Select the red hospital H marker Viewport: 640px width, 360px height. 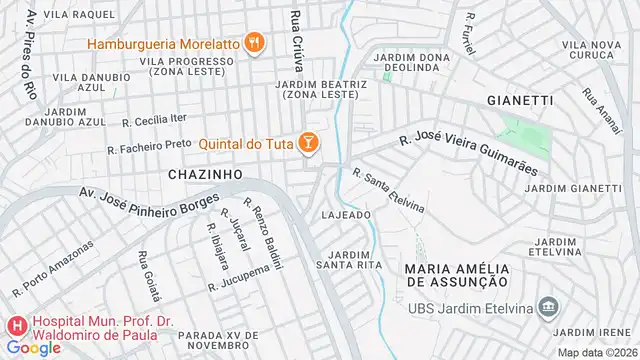coord(17,326)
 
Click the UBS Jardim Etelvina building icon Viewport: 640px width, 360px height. coord(548,305)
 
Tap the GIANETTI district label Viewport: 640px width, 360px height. coord(519,100)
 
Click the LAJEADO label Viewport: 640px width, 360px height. coord(347,215)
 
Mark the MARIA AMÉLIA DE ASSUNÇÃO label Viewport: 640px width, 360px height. coord(457,276)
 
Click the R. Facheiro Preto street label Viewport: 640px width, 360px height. coord(149,145)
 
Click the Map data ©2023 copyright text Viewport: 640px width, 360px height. coord(596,352)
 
